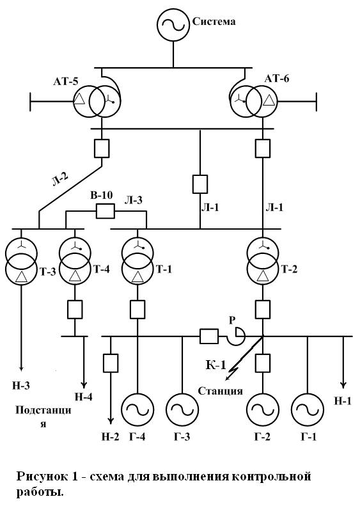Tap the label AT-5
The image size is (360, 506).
tap(66, 81)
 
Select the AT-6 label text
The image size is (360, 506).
tap(277, 79)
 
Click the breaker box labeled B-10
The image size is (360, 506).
tap(106, 212)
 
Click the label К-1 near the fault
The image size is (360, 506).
tap(215, 365)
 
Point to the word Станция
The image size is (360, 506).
tap(220, 391)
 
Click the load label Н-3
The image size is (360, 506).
tap(21, 385)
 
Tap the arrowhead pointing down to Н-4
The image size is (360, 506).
tap(84, 384)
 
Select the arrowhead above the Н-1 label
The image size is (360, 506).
tap(343, 384)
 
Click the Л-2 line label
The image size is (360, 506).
tap(61, 179)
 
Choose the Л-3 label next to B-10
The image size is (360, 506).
tap(134, 200)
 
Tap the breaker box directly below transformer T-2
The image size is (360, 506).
tap(263, 309)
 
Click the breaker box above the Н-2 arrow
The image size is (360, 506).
tap(111, 363)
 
